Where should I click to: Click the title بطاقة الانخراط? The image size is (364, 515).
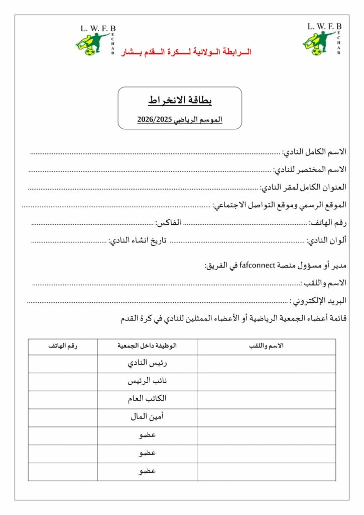coord(180,101)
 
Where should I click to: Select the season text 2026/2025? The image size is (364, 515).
coord(180,119)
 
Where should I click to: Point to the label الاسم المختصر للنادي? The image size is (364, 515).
coord(310,169)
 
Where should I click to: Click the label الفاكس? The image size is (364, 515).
coord(168,222)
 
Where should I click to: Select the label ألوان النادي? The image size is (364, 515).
coord(327,240)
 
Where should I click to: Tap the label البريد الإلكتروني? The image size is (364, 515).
coord(319,301)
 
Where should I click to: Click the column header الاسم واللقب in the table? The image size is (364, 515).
coord(266,346)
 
